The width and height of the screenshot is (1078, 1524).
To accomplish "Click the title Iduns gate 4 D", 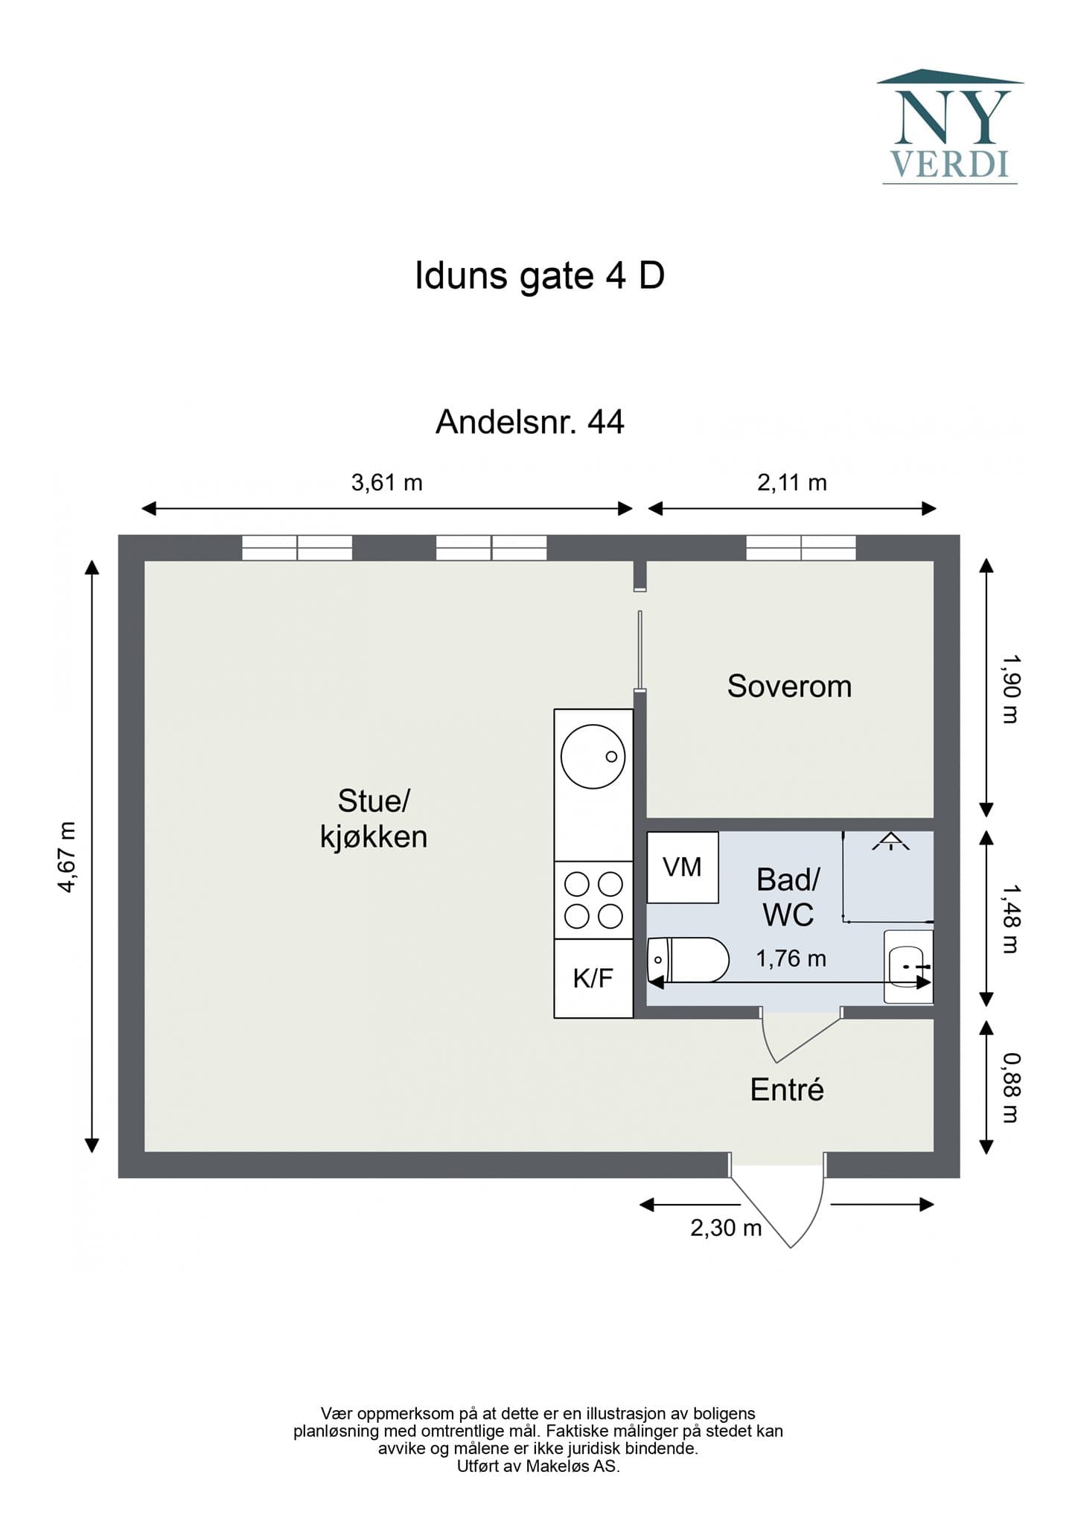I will coord(539,276).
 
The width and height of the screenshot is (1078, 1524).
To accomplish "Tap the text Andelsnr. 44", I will coord(529,423).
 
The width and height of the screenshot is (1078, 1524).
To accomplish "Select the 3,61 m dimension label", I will coord(386,483).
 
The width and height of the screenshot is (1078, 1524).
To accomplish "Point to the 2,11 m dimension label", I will coord(791,483).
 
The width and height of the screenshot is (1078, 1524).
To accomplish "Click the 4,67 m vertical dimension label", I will coord(67,857).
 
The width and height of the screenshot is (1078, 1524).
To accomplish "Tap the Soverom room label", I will coord(789,686).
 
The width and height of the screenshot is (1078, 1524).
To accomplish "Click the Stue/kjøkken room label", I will coord(374,819).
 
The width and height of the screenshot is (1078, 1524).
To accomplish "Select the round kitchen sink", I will coord(593,756).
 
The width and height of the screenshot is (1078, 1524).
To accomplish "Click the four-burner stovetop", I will coord(593,900).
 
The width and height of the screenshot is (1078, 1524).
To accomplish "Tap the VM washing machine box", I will coord(682,867).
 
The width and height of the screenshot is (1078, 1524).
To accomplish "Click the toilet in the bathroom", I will coord(688,960).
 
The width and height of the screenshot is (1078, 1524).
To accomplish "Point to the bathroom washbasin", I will coord(908,966).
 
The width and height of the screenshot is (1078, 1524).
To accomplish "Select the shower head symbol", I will coord(890,842).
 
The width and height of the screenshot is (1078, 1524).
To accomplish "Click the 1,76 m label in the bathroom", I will coord(791,958).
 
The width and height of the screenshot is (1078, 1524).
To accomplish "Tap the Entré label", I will coord(787,1089).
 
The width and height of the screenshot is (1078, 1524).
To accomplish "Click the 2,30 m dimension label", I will coord(726,1227).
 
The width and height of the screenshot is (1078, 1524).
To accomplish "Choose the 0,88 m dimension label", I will coord(1010,1087).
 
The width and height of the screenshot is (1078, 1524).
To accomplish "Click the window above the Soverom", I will coord(801,548).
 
